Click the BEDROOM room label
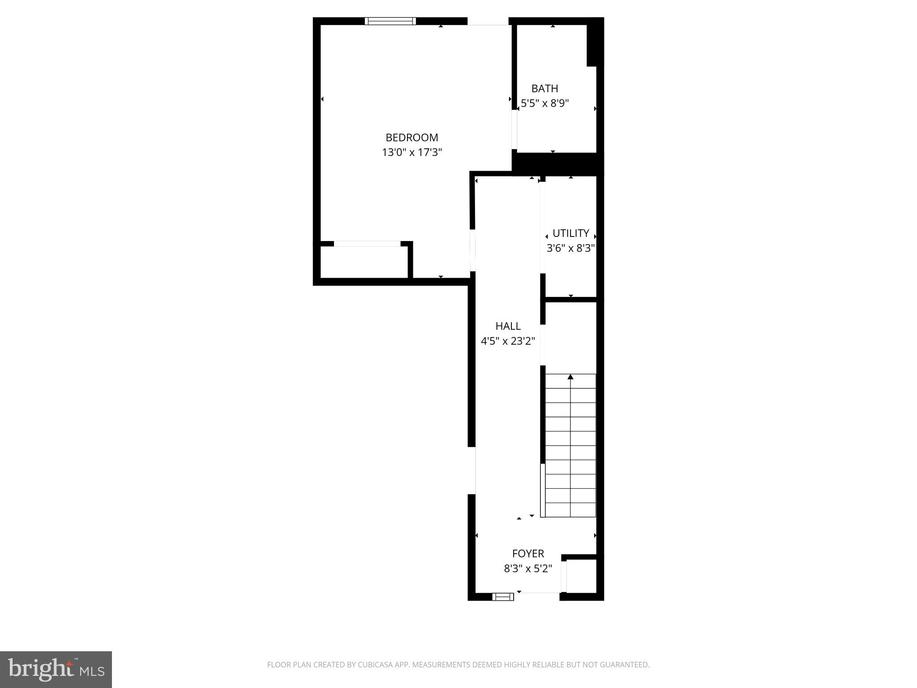(411, 138)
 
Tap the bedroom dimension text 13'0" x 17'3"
(411, 152)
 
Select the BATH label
(544, 89)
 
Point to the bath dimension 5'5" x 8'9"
(544, 103)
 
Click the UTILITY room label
(570, 233)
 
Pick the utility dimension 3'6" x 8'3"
(570, 248)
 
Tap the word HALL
(508, 326)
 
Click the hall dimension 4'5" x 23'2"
(508, 341)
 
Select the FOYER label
(528, 554)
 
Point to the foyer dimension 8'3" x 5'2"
(528, 569)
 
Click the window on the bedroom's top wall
(390, 21)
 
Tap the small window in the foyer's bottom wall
(503, 597)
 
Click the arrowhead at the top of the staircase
(570, 377)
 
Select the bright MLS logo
(56, 669)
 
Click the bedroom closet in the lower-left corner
(364, 262)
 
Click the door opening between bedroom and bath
(514, 129)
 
